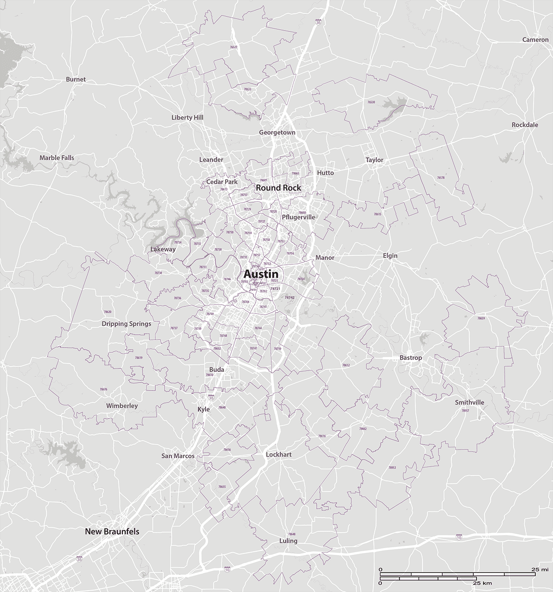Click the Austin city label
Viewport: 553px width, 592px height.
tap(261, 274)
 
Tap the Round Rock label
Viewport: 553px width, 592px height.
tap(278, 188)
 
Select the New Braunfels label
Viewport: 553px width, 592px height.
tap(112, 531)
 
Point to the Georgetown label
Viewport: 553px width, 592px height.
tap(277, 132)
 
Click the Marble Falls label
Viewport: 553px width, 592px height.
tap(57, 158)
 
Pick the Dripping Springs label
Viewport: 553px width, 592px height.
tap(127, 324)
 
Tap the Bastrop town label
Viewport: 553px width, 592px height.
tap(411, 358)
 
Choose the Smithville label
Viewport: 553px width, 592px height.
tap(469, 402)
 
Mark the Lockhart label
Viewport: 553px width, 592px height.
tap(279, 455)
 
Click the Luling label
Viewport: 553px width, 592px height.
tap(288, 541)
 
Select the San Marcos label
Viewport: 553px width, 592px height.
tap(178, 456)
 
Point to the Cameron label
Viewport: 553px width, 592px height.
tap(535, 39)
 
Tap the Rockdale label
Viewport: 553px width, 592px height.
tap(525, 125)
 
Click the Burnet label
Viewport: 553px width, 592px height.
tap(76, 80)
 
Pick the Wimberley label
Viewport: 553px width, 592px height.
tap(122, 406)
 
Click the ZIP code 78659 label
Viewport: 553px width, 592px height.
tap(481, 318)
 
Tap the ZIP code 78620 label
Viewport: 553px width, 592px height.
tap(108, 312)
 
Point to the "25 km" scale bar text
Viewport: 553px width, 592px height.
tap(482, 584)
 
